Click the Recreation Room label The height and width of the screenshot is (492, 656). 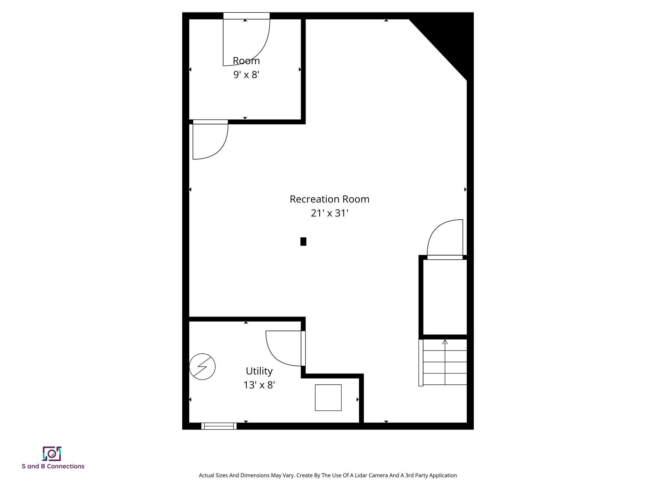coord(329,199)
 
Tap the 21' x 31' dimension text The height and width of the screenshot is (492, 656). coord(329,213)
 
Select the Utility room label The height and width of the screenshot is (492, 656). coord(259,371)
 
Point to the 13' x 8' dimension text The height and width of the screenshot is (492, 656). coord(259,385)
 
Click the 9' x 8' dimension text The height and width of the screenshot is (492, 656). coord(246,75)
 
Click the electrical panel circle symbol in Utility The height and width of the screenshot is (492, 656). coord(202,366)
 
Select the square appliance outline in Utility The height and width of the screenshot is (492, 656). coord(328,398)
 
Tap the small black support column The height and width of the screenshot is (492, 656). coord(303,242)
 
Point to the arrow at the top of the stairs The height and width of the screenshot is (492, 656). coord(445,342)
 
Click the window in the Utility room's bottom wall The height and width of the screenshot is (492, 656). coord(219,426)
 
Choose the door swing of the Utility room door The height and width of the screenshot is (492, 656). coord(282,348)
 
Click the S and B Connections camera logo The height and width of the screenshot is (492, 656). coord(52,454)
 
